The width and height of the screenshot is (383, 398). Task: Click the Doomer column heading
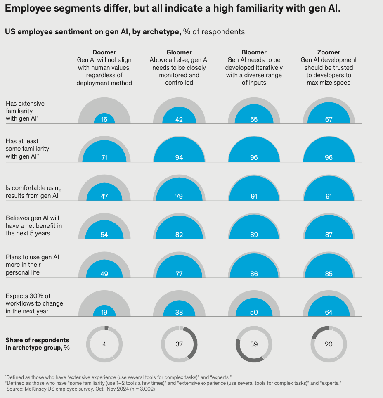(104, 52)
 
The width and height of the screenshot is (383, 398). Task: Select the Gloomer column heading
(179, 52)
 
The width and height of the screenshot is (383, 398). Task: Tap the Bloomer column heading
(254, 52)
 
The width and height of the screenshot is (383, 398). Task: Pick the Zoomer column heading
(329, 52)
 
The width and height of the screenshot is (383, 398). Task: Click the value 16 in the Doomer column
(104, 119)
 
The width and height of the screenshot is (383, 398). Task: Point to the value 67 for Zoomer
(329, 119)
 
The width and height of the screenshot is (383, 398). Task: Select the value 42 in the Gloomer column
(179, 119)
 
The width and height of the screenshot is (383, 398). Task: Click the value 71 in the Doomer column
(104, 158)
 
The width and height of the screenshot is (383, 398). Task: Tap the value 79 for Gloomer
(179, 196)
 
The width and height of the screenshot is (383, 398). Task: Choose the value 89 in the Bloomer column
(254, 235)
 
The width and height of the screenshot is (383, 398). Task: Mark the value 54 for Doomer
(104, 235)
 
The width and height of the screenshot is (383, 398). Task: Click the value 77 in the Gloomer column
(179, 273)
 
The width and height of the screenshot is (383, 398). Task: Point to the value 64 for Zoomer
(329, 312)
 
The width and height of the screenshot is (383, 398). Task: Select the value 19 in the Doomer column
(104, 312)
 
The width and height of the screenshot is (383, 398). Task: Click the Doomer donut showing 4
(104, 344)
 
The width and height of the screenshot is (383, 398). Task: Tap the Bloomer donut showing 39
(254, 344)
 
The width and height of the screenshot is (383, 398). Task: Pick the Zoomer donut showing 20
(329, 344)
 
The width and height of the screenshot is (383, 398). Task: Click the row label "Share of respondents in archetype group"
(38, 344)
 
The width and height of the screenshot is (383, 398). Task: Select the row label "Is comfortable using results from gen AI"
(34, 192)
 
